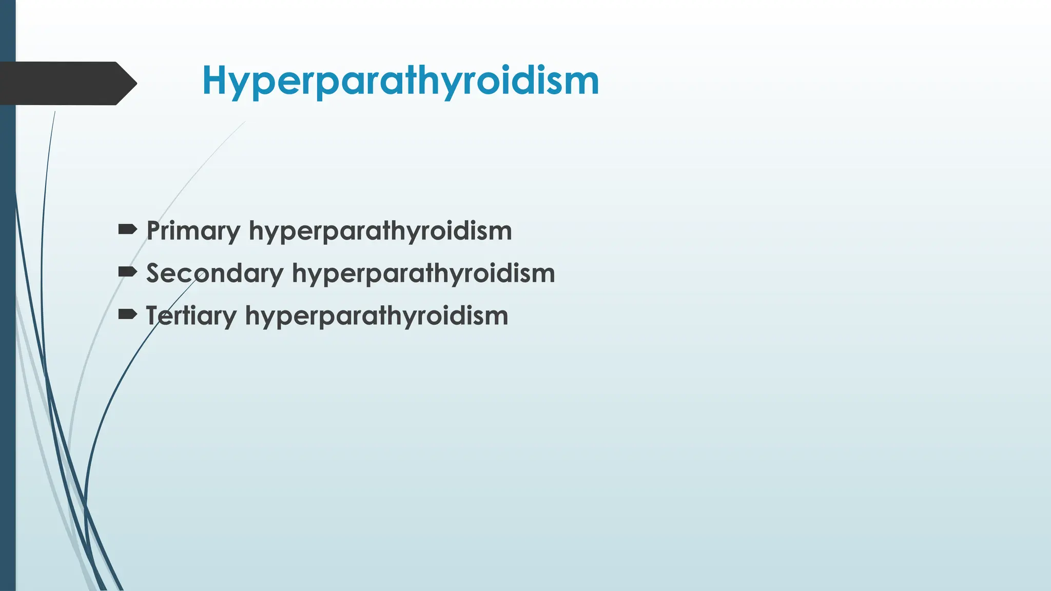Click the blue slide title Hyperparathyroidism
400,81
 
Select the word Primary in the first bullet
193,231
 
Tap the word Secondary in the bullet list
215,273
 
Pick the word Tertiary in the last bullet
191,316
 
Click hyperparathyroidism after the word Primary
380,231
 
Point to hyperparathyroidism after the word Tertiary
377,316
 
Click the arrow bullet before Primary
127,229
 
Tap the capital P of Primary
154,230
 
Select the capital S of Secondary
155,273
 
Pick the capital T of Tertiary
155,315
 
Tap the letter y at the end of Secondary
276,277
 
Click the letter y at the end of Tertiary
229,319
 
